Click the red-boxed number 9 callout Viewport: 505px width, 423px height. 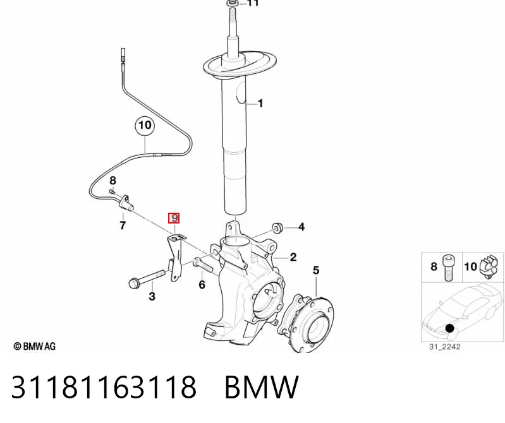(x=174, y=218)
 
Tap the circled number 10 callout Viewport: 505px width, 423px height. (x=145, y=125)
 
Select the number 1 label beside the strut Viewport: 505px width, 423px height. (x=260, y=104)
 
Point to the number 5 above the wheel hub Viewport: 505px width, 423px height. (x=316, y=270)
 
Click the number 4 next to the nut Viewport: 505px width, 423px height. (x=301, y=227)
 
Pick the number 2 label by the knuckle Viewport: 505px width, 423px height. (x=293, y=257)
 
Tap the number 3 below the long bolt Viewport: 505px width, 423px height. (x=152, y=296)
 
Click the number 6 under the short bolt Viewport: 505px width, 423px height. (x=202, y=285)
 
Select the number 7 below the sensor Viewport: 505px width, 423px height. (x=123, y=225)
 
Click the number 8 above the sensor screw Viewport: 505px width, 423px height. (x=113, y=181)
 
